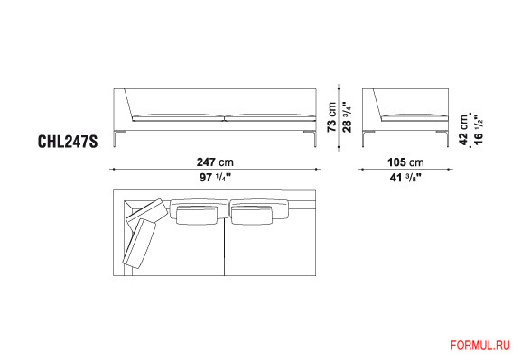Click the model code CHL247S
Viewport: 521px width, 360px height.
click(x=68, y=142)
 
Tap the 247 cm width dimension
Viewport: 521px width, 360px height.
click(x=215, y=162)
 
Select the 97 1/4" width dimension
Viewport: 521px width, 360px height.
click(x=215, y=178)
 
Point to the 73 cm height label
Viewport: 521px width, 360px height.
click(x=331, y=117)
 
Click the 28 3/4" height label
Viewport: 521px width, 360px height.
click(x=347, y=117)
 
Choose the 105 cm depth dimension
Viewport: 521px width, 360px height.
click(x=405, y=162)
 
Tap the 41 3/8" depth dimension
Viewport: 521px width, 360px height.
click(x=405, y=178)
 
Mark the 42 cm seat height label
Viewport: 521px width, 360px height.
click(x=463, y=130)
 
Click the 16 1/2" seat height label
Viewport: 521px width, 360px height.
click(x=479, y=130)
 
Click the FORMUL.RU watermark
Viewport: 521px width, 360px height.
click(x=480, y=345)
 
